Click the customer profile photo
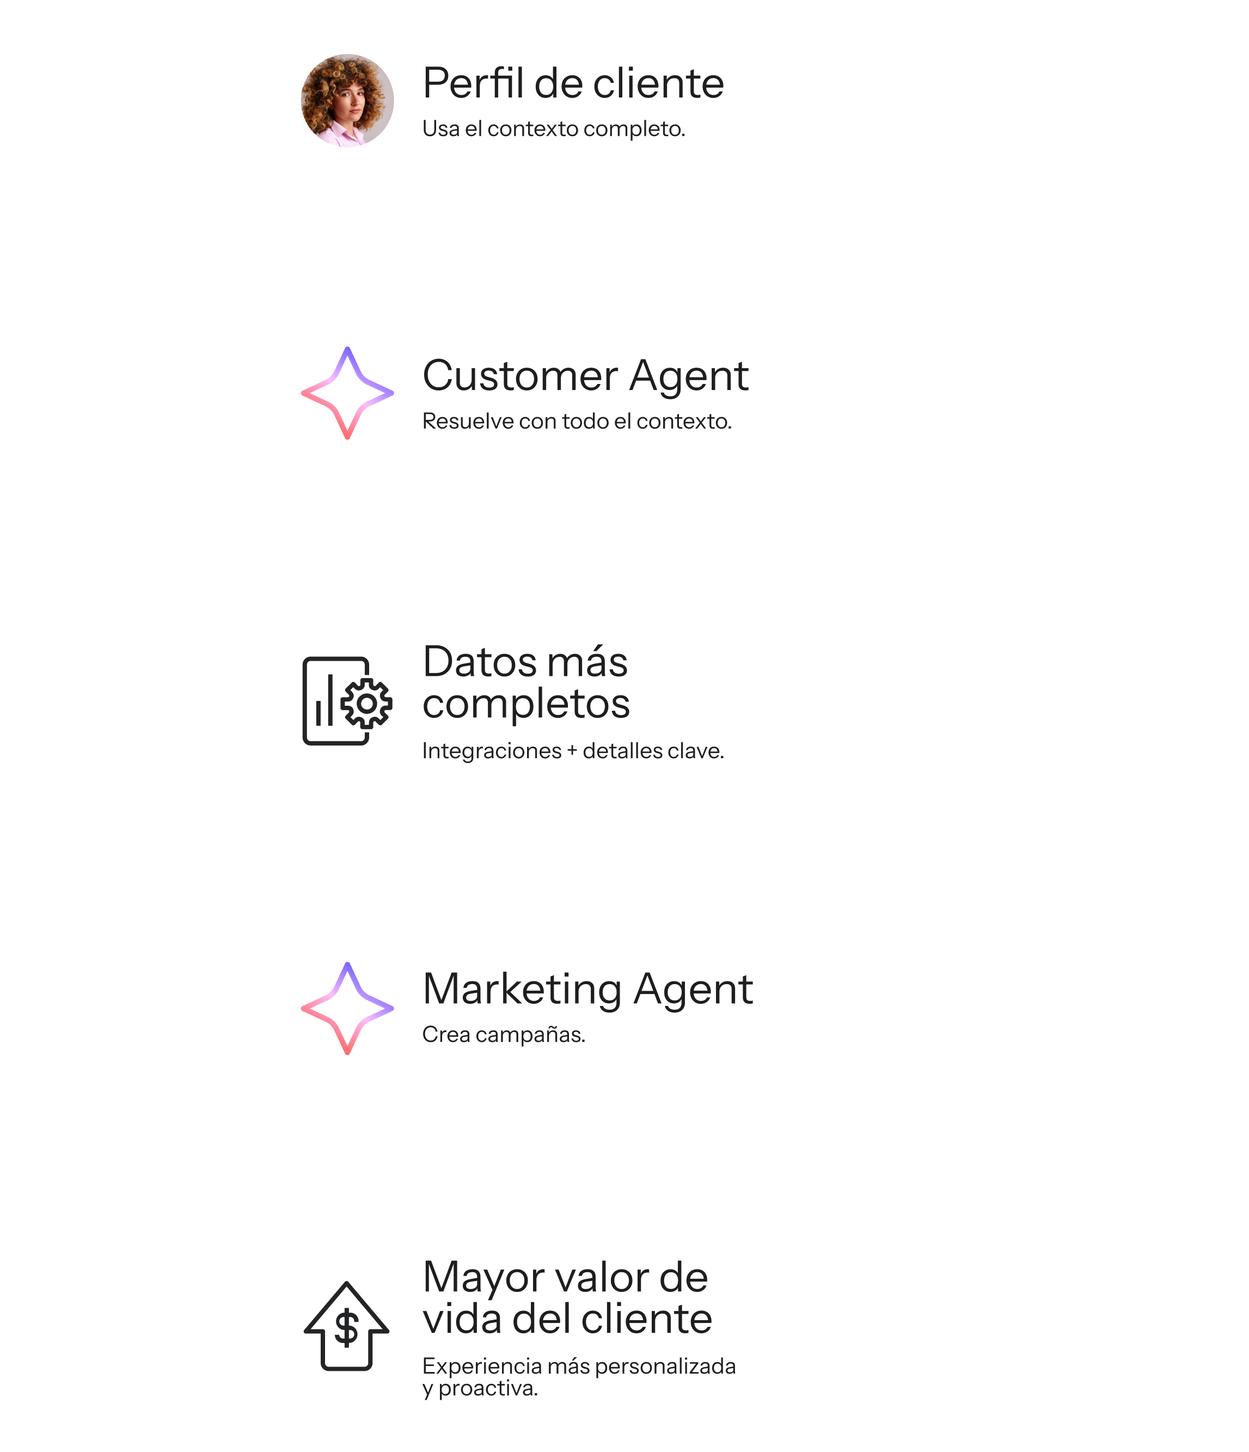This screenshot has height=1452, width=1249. click(347, 100)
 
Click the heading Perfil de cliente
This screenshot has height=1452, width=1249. click(572, 83)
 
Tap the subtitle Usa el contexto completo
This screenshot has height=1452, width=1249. click(553, 129)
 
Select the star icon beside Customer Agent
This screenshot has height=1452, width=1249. click(347, 393)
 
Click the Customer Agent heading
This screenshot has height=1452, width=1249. click(585, 376)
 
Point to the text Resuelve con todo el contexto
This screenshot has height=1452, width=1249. click(577, 421)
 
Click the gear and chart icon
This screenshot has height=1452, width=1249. click(347, 701)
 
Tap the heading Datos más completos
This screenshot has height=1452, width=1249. click(525, 682)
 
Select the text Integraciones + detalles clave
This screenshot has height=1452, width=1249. click(572, 751)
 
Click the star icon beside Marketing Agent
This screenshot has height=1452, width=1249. click(347, 1009)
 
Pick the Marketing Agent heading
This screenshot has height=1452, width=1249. click(587, 989)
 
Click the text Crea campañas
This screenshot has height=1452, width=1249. click(503, 1034)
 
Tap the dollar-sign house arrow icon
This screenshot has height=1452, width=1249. click(346, 1326)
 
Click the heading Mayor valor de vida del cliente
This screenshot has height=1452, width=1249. click(567, 1297)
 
